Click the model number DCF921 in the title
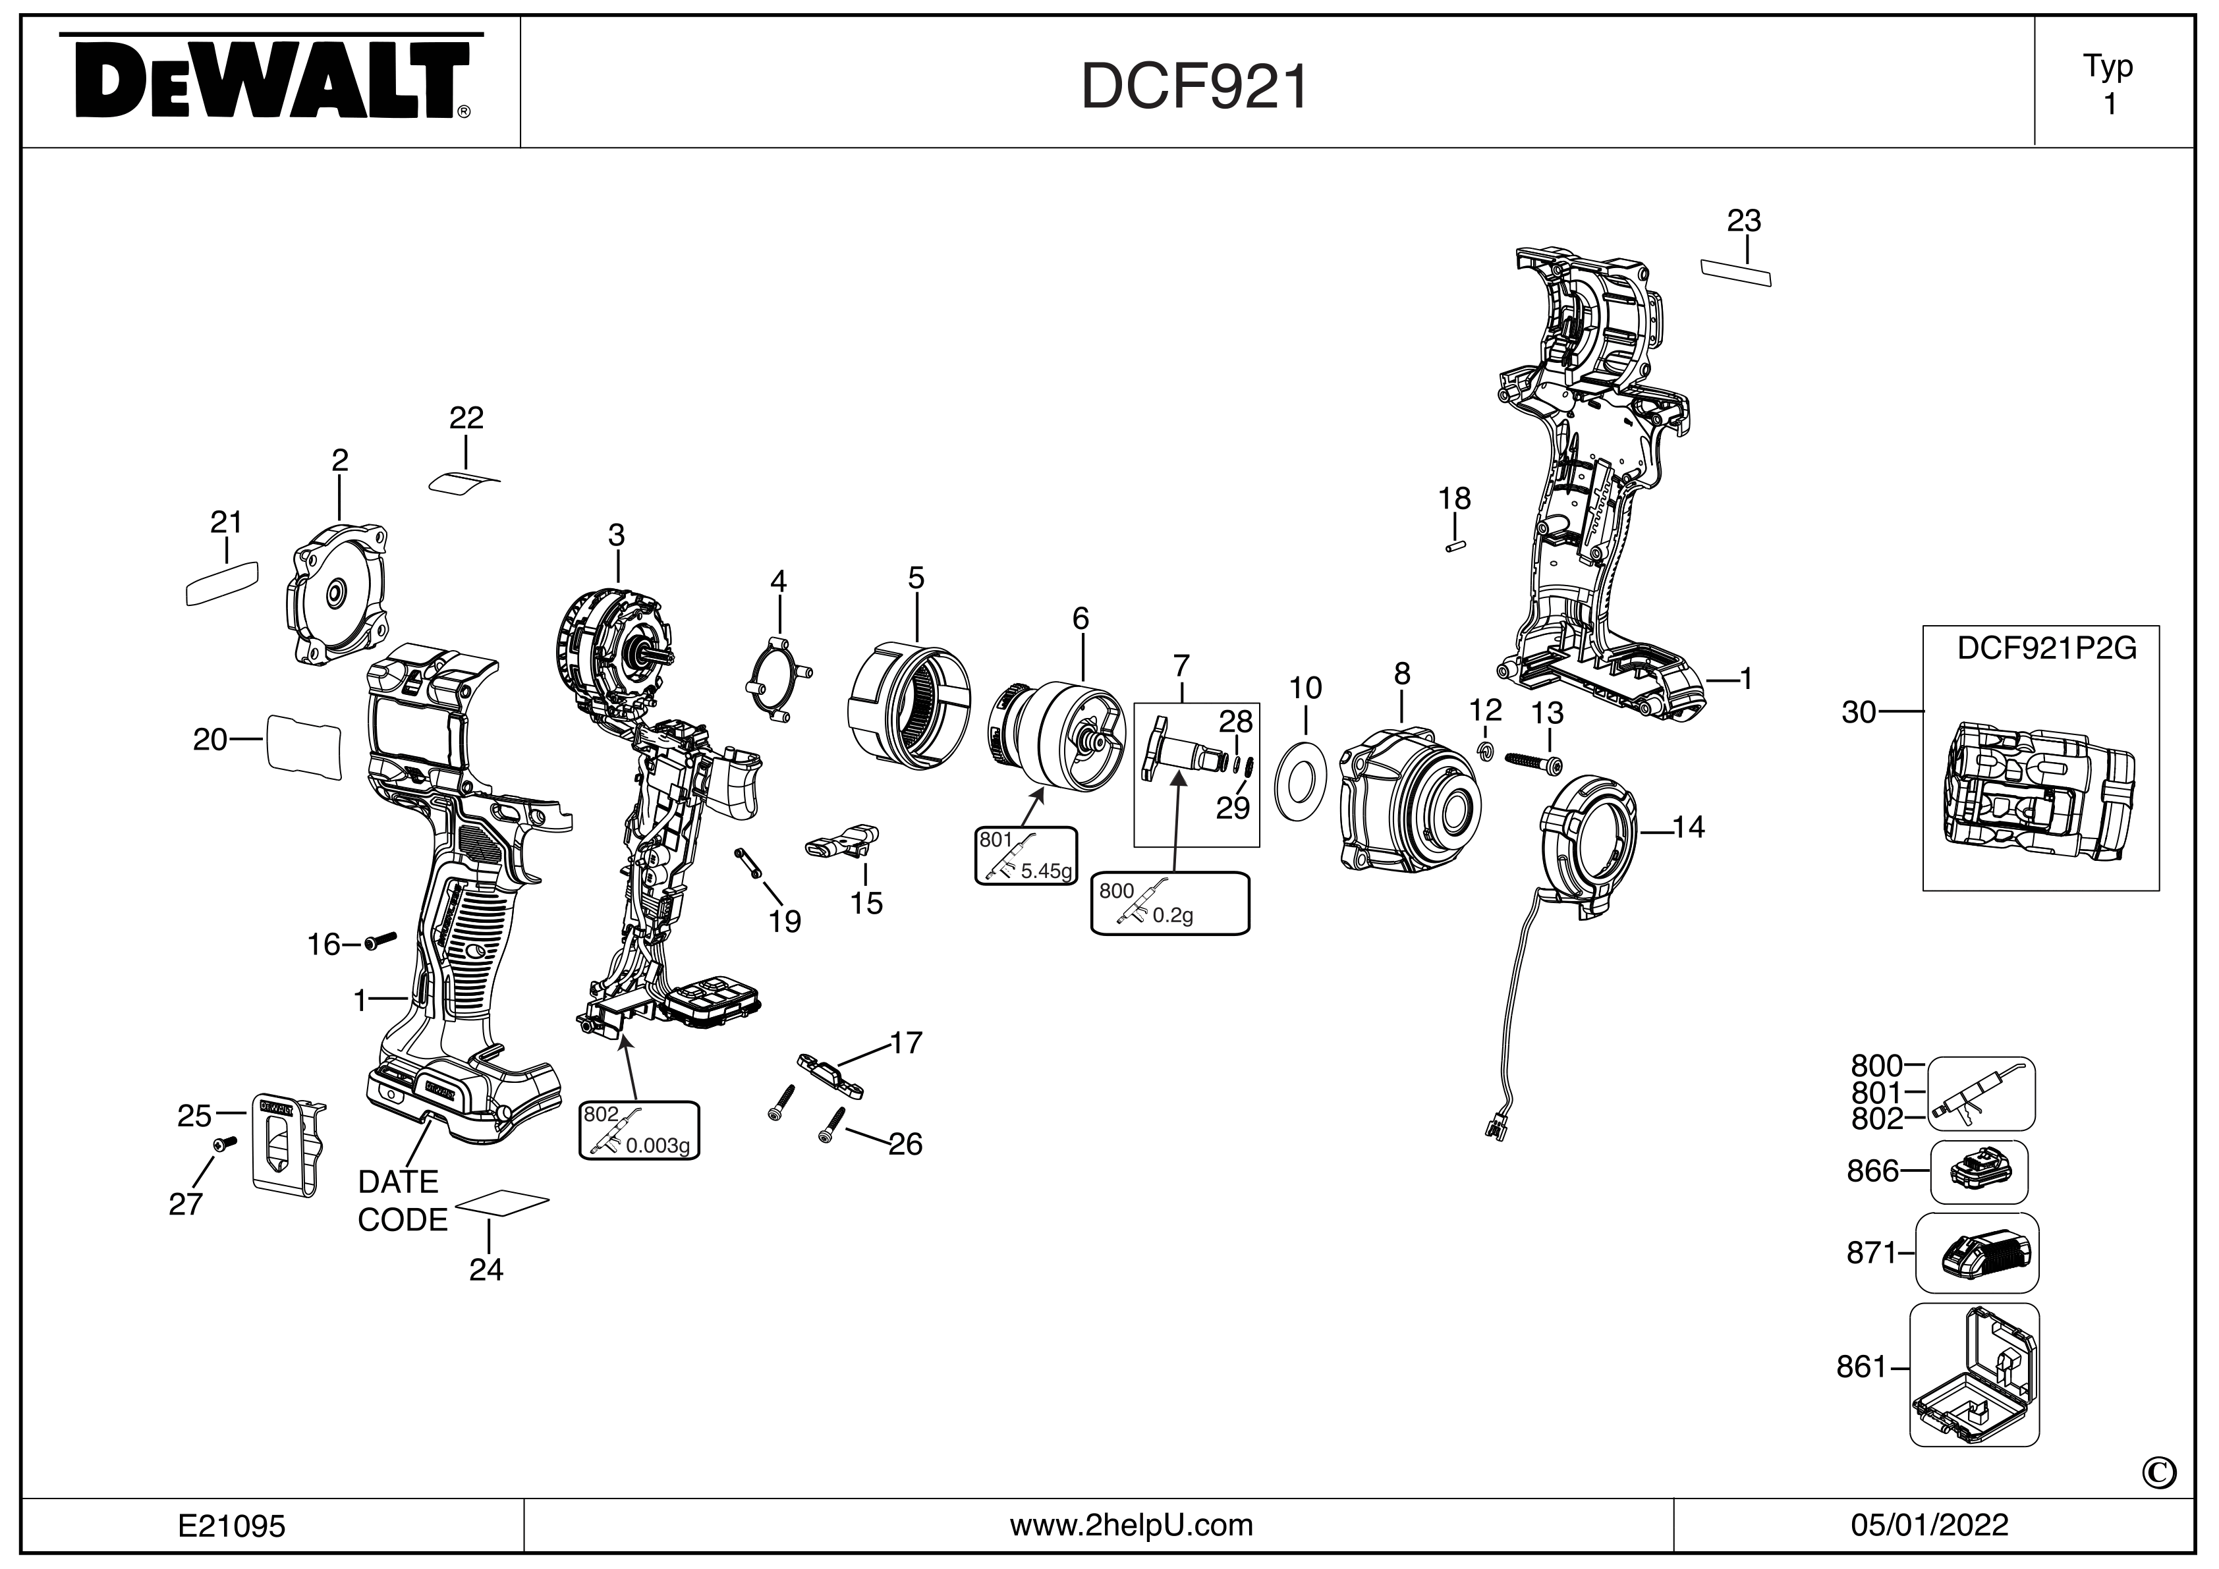click(1194, 87)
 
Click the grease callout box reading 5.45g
click(1025, 855)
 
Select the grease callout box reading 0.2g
click(1169, 903)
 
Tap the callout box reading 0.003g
click(639, 1130)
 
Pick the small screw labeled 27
click(223, 1144)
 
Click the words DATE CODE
click(402, 1201)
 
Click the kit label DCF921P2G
click(2046, 648)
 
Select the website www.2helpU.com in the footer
click(1131, 1526)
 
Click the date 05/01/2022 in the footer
click(1929, 1526)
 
